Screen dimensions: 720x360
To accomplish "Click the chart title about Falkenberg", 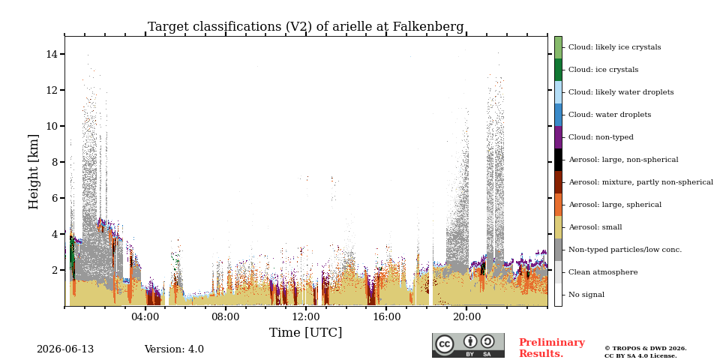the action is pos(305,27).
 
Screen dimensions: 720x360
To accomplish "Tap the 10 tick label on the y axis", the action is pos(51,126).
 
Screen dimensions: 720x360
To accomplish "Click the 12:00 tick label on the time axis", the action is pos(306,317).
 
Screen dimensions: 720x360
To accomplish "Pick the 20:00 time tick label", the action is pos(466,317).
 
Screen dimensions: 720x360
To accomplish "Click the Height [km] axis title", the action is pos(34,172).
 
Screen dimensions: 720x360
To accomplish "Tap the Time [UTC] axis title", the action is pos(305,332).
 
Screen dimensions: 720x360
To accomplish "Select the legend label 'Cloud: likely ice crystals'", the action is pos(614,47).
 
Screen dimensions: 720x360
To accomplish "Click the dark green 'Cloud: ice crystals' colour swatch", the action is pos(558,70).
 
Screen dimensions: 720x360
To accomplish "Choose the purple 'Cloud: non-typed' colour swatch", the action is pos(558,137).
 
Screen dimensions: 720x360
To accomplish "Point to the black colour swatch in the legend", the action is pos(558,160).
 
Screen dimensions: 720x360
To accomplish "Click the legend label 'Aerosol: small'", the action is pos(595,227).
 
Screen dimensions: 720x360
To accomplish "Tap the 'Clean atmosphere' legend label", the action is pos(603,272).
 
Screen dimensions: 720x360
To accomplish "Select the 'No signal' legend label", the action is pos(586,295).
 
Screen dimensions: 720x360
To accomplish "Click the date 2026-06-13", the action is pos(65,349).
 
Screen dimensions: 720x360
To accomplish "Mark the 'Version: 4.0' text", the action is pos(174,349).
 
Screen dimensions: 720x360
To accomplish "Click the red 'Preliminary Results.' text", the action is pos(551,348).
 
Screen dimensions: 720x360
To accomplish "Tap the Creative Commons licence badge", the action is pos(468,345).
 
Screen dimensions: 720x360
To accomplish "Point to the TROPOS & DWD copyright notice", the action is pos(645,352).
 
